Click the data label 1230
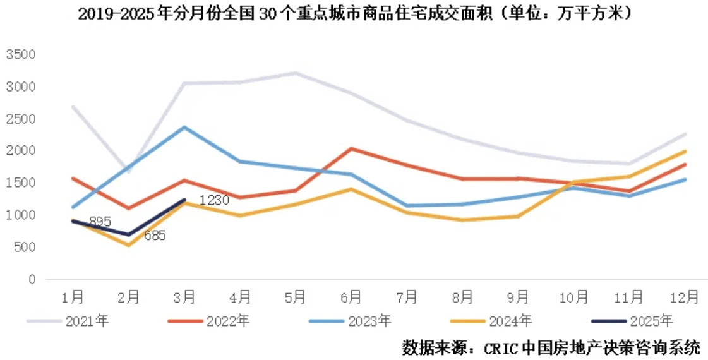213,201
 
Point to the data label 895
100,222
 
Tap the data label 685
154,236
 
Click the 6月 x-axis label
351,297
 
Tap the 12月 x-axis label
685,297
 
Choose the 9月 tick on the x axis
518,297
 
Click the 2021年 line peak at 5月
295,73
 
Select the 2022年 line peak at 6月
351,148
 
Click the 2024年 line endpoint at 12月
685,151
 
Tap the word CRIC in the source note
503,347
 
